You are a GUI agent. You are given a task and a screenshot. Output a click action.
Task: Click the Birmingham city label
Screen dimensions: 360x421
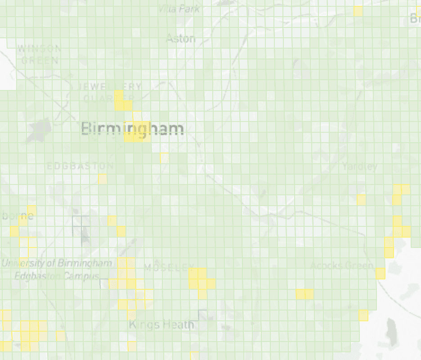pyautogui.click(x=133, y=129)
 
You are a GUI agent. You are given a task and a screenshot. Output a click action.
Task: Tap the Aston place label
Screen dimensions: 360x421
pyautogui.click(x=181, y=39)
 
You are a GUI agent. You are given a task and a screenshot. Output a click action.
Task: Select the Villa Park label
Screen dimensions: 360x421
pyautogui.click(x=179, y=9)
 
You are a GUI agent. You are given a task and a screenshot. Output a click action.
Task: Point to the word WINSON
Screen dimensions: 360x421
pyautogui.click(x=38, y=48)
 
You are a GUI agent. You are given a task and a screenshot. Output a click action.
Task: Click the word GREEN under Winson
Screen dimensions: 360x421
pyautogui.click(x=40, y=60)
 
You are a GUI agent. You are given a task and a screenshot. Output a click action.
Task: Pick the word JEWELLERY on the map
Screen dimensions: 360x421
pyautogui.click(x=110, y=86)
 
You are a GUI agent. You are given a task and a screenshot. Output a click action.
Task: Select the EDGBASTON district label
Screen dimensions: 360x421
pyautogui.click(x=81, y=166)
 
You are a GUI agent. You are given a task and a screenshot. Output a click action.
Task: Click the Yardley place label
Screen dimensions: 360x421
pyautogui.click(x=359, y=166)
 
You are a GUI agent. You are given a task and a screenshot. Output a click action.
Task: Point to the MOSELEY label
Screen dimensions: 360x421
pyautogui.click(x=169, y=268)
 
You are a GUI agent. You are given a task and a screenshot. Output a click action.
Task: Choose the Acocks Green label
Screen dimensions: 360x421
pyautogui.click(x=342, y=265)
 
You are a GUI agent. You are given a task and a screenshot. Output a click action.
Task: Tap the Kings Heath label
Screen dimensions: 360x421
pyautogui.click(x=161, y=324)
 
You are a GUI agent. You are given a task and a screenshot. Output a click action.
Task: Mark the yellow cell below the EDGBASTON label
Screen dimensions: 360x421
pyautogui.click(x=103, y=179)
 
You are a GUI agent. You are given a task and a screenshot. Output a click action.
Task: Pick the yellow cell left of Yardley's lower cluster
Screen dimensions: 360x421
pyautogui.click(x=361, y=199)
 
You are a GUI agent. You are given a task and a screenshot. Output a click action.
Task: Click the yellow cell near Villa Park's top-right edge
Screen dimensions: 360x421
pyautogui.click(x=358, y=11)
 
